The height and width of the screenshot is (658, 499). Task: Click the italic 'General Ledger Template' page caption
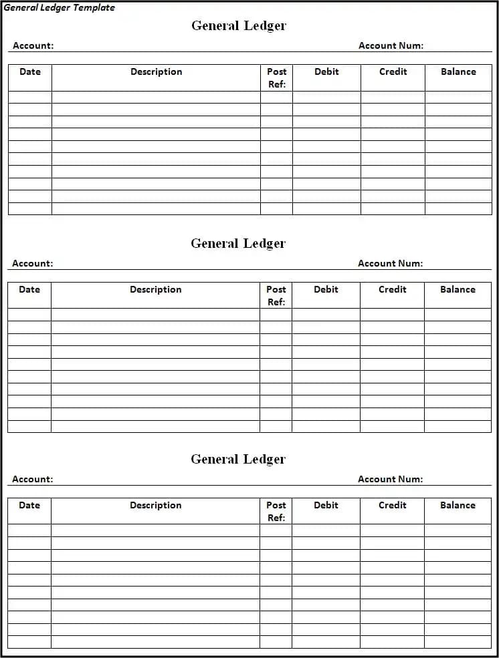tap(59, 7)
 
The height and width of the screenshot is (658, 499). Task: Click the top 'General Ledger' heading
tap(239, 25)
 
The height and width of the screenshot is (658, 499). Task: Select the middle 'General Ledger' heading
tap(238, 243)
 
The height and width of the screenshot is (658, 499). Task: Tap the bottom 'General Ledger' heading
tap(238, 459)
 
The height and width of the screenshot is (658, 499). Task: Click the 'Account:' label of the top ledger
tap(33, 45)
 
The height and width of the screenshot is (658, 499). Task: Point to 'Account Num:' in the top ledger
tap(391, 45)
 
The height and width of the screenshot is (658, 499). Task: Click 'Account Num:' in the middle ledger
tap(390, 263)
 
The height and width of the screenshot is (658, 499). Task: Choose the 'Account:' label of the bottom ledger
tap(32, 479)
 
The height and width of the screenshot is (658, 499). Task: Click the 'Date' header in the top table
tap(30, 71)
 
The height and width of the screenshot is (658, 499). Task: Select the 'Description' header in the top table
tap(156, 71)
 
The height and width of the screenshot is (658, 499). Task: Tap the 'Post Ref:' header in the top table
tap(277, 77)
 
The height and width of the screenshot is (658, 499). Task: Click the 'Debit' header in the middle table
tap(326, 289)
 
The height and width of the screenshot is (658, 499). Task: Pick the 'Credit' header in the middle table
tap(392, 289)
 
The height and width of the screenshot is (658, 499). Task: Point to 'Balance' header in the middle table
tap(458, 289)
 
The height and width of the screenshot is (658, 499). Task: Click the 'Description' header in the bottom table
tap(155, 505)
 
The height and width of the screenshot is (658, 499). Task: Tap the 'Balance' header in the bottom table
tap(458, 505)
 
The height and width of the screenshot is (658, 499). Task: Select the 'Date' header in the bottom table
tap(29, 505)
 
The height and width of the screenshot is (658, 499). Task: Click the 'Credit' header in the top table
tap(393, 71)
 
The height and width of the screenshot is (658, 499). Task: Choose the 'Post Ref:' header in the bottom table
tap(276, 511)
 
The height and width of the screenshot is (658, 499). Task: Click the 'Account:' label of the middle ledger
tap(32, 263)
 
